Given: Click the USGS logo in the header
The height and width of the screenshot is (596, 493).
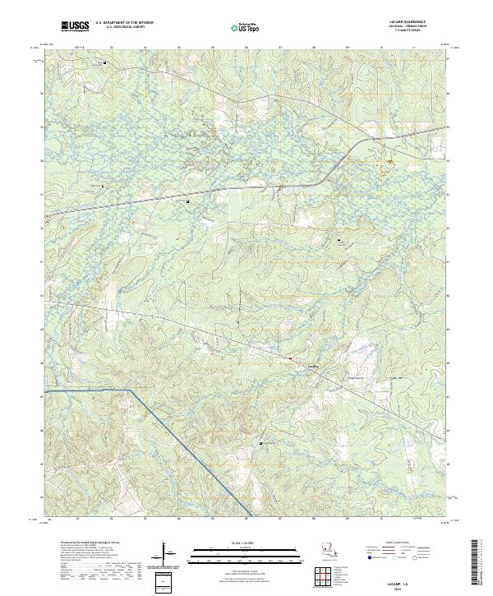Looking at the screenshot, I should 75,27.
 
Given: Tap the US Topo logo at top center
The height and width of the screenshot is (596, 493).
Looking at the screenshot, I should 246,28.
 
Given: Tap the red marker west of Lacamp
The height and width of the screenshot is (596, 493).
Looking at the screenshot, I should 290,359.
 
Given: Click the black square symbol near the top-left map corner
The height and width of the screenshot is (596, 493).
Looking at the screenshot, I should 104,59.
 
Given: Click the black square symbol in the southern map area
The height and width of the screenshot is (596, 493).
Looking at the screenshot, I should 261,444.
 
